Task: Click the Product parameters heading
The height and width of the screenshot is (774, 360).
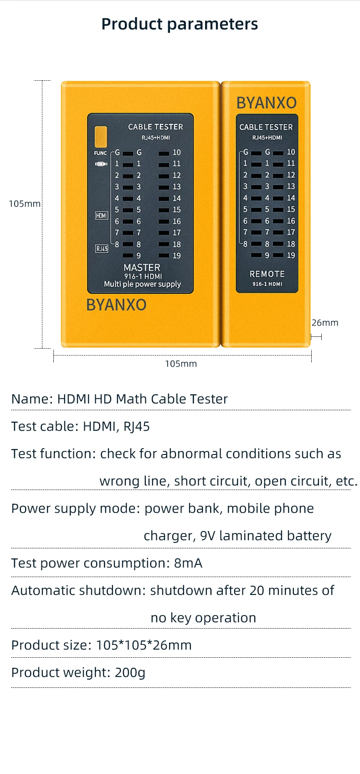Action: pos(180,24)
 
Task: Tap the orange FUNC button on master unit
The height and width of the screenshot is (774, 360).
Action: pos(101,137)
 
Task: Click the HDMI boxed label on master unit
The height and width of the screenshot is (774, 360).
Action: pos(102,216)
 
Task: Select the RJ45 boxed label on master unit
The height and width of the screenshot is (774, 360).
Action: pos(102,248)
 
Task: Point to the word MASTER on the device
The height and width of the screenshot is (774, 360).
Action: pos(142,268)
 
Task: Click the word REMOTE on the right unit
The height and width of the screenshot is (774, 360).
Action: pos(267,274)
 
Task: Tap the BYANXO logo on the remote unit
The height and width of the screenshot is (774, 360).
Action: pos(267,103)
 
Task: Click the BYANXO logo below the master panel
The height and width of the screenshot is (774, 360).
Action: pos(116,305)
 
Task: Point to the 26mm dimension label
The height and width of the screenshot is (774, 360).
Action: pos(325,323)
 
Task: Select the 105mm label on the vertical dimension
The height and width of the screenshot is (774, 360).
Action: pos(25,204)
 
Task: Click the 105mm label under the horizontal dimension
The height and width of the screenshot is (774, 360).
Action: pos(181,364)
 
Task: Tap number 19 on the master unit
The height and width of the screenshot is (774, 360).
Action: pos(177,256)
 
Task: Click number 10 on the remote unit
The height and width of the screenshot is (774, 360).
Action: pos(291,152)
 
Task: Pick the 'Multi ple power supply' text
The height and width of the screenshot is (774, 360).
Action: pos(142,284)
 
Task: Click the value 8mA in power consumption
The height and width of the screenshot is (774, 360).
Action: pos(188,563)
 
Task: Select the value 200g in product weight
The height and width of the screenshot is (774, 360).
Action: pos(130,672)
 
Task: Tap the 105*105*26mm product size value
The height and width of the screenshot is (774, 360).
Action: pos(144,645)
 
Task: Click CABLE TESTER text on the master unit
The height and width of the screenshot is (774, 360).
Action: pos(155,127)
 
